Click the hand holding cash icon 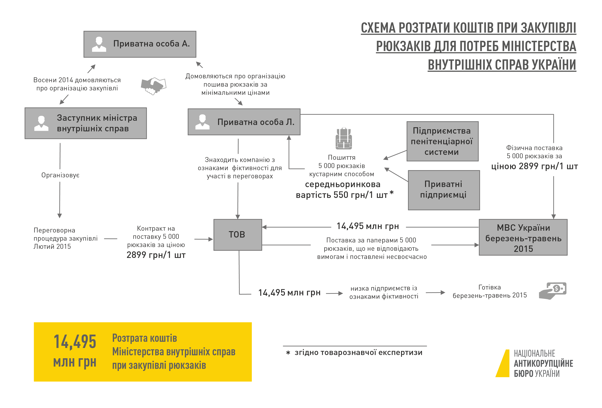point(553,291)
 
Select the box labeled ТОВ point(238,235)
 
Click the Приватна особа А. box point(140,44)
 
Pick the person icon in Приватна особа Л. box point(202,122)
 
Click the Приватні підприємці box point(444,190)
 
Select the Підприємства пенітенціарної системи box point(442,141)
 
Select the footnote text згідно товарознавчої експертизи point(358,353)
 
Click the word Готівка point(489,287)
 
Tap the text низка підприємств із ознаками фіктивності point(384,292)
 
